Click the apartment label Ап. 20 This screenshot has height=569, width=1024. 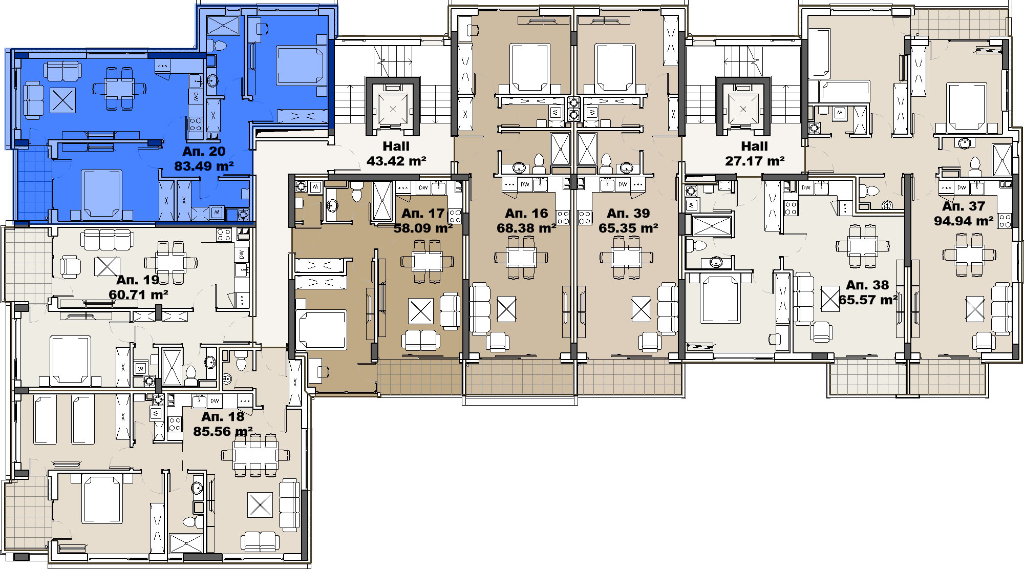(x=204, y=152)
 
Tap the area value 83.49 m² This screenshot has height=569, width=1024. (x=204, y=166)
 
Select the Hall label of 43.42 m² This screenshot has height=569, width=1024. (x=396, y=146)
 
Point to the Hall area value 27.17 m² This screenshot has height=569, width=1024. (x=755, y=161)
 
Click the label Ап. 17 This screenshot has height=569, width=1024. (x=423, y=214)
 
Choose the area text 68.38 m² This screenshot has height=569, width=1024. (x=526, y=228)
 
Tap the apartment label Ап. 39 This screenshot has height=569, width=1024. (x=628, y=214)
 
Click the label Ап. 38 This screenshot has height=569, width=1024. (x=867, y=285)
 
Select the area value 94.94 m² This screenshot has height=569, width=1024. (x=964, y=221)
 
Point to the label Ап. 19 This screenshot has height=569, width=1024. (x=138, y=280)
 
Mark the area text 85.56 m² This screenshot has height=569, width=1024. (x=223, y=432)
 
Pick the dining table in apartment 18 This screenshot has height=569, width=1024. (x=255, y=455)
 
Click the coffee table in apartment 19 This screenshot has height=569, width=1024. (x=107, y=266)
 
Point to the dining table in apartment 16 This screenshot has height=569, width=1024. (x=521, y=257)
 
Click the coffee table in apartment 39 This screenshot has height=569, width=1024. (x=641, y=309)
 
